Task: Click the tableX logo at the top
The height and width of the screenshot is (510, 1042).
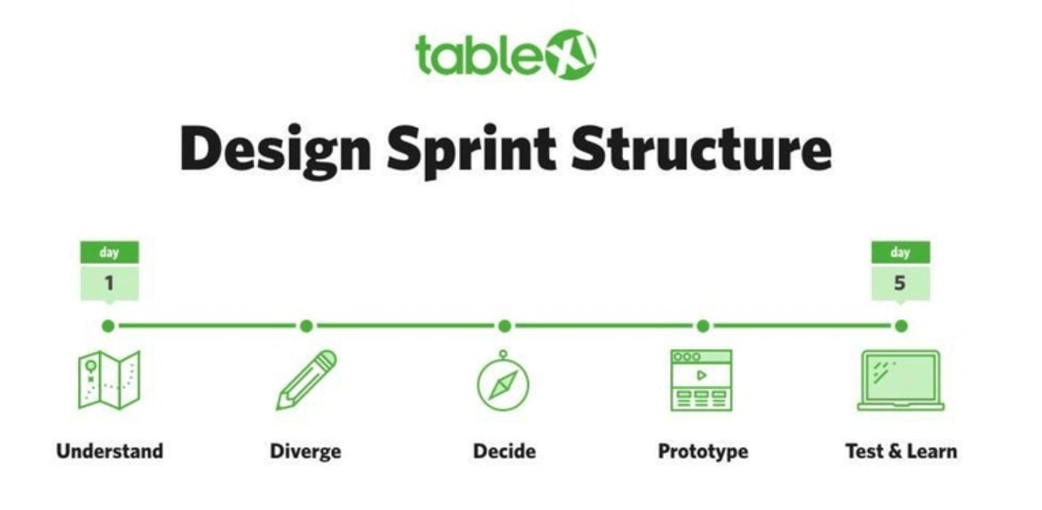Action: coord(506,55)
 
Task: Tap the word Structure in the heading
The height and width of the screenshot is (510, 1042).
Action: coord(702,148)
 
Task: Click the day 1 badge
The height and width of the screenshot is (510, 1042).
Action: coord(110,272)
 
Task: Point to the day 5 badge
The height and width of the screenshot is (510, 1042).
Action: coord(901,272)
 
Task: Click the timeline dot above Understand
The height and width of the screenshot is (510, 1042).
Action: coord(108,326)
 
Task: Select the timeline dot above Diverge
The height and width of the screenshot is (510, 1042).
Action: coord(306,326)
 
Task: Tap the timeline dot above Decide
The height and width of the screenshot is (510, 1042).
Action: coord(504,326)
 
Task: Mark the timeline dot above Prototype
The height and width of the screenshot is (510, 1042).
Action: coord(703,326)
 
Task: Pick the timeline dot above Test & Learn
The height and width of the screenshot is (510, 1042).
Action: coord(901,326)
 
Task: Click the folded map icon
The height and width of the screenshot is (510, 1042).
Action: coord(110,380)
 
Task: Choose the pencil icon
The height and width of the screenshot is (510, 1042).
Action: coord(306,380)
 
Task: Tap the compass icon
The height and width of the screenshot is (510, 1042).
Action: coord(503,381)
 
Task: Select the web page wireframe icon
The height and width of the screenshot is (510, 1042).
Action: coord(702,381)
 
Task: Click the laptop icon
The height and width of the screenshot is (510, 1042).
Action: coord(901,381)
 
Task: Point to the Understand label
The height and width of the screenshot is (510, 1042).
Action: coord(110,451)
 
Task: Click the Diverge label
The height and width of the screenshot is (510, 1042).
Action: coord(305,452)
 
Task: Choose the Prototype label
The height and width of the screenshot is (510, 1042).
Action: coord(703,452)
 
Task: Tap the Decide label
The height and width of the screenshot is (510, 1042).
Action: coord(504,451)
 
